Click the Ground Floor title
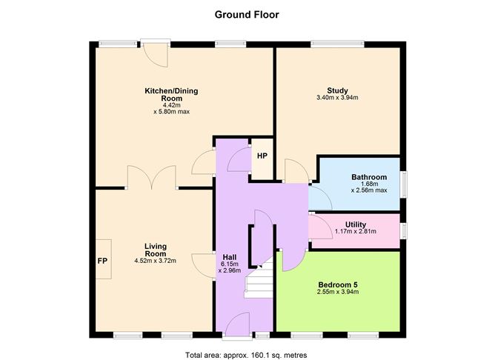pos(247,15)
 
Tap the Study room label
pos(337,91)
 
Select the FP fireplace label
pos(102,261)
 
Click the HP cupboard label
pos(262,156)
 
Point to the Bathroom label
pos(369,177)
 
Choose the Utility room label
pos(356,224)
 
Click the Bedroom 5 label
pos(338,284)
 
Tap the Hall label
pos(230,258)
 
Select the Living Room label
pos(156,250)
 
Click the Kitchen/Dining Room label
pos(171,94)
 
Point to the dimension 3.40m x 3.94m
pos(337,98)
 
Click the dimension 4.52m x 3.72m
pos(156,261)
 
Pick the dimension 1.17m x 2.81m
pos(356,232)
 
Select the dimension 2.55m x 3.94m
pos(338,292)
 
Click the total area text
pos(246,356)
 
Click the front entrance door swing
pos(238,324)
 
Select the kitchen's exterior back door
pos(156,53)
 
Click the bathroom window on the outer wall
pos(403,184)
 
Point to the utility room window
pos(403,230)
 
